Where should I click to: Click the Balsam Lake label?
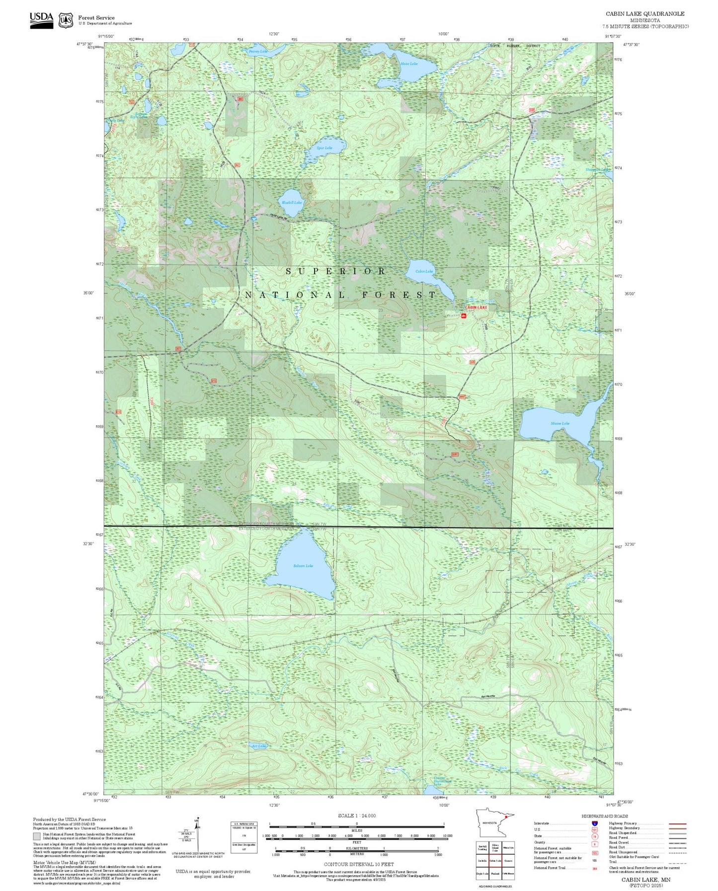[303, 566]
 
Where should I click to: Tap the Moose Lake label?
[560, 424]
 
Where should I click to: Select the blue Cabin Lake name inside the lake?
[424, 271]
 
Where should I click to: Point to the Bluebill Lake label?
[292, 203]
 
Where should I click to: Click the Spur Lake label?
[324, 148]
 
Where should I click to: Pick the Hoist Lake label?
[409, 64]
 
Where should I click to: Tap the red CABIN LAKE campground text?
[476, 307]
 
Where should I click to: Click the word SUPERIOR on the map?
[336, 271]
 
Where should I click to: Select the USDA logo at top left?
[41, 19]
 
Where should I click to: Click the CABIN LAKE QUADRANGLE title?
[645, 14]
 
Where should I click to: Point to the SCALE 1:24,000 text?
[357, 816]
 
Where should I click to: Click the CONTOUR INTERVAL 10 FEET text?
[358, 864]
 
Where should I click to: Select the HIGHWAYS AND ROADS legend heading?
[605, 816]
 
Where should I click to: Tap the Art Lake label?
[259, 746]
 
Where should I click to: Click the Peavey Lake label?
[258, 51]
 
